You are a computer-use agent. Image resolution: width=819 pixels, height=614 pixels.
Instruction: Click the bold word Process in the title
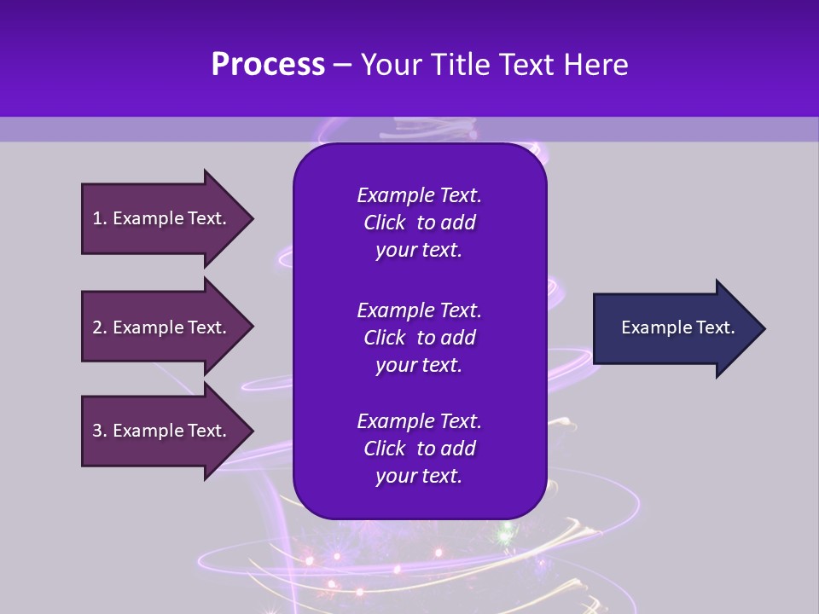tap(267, 65)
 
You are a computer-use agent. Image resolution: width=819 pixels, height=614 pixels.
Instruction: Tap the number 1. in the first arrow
tap(100, 218)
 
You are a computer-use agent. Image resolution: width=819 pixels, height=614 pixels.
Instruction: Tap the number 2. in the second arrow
tap(100, 327)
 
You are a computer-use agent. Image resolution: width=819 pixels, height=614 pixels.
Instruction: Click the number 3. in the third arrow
tap(100, 431)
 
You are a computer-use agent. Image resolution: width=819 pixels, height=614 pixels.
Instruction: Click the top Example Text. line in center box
tap(419, 195)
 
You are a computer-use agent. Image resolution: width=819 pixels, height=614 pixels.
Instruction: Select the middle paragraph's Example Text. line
tap(419, 310)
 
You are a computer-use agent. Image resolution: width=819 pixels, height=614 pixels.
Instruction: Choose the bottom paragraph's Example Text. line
tap(419, 421)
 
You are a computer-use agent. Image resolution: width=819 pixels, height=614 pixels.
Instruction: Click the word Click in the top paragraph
tap(384, 223)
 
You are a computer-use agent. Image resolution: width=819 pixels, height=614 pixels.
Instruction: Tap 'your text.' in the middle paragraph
tap(419, 365)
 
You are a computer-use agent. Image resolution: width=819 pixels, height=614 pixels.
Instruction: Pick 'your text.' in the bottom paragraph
tap(419, 476)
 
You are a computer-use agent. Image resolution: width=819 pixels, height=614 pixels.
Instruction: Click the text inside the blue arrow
tap(678, 327)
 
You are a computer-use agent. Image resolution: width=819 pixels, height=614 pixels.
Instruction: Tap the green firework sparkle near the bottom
tap(505, 536)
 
